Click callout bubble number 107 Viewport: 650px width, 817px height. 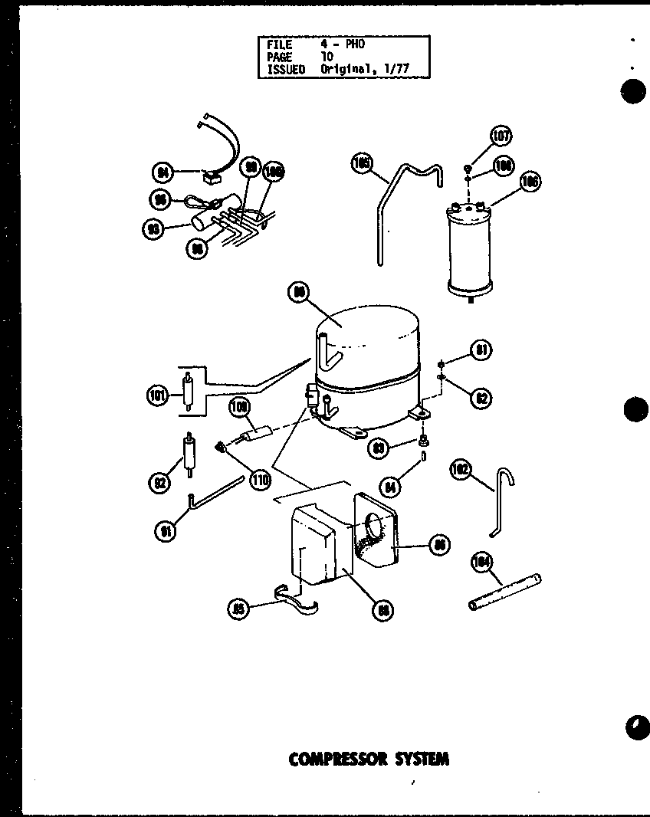(501, 137)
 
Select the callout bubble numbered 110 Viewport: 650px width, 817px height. (260, 481)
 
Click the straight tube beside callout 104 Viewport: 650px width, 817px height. (504, 592)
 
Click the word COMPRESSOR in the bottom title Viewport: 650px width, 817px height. (337, 760)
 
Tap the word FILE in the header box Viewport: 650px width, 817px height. (279, 45)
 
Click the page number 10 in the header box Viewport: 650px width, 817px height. (327, 57)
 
